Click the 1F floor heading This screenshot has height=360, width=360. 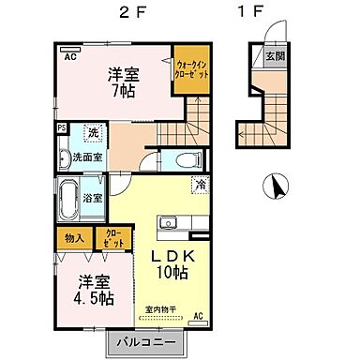point(250,13)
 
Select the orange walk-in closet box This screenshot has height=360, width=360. point(192,73)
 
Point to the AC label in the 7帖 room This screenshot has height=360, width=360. point(70,56)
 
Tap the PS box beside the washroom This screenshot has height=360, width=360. point(61,129)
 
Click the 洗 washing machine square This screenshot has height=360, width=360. point(92,132)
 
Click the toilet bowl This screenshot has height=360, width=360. point(184,157)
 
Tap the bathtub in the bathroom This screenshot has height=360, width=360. point(68,199)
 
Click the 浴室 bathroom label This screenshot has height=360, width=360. point(91,198)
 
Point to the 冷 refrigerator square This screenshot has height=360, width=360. point(200,185)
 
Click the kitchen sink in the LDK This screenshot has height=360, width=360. point(168,223)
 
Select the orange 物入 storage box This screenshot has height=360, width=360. point(74,238)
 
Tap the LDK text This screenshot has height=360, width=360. point(175,255)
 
